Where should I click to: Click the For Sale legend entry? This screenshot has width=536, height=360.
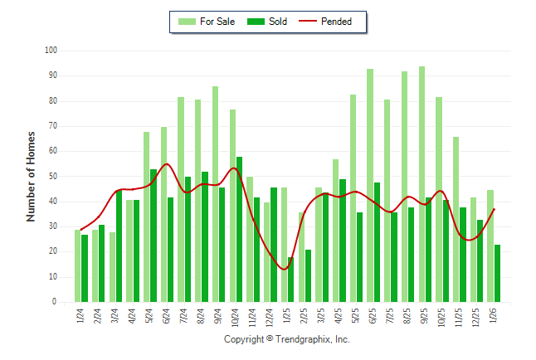[207, 22]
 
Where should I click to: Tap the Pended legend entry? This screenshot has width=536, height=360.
[335, 22]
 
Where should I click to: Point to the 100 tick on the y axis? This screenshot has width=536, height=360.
[51, 51]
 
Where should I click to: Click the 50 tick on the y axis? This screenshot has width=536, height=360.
[51, 177]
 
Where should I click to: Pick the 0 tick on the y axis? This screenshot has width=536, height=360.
[53, 303]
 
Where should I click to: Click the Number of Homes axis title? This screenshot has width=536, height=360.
[31, 176]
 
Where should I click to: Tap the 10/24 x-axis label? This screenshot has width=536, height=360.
[236, 317]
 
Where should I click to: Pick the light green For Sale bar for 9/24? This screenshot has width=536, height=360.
[215, 194]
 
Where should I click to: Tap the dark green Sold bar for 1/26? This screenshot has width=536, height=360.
[497, 273]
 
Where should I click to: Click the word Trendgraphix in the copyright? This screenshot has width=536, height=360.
[305, 339]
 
